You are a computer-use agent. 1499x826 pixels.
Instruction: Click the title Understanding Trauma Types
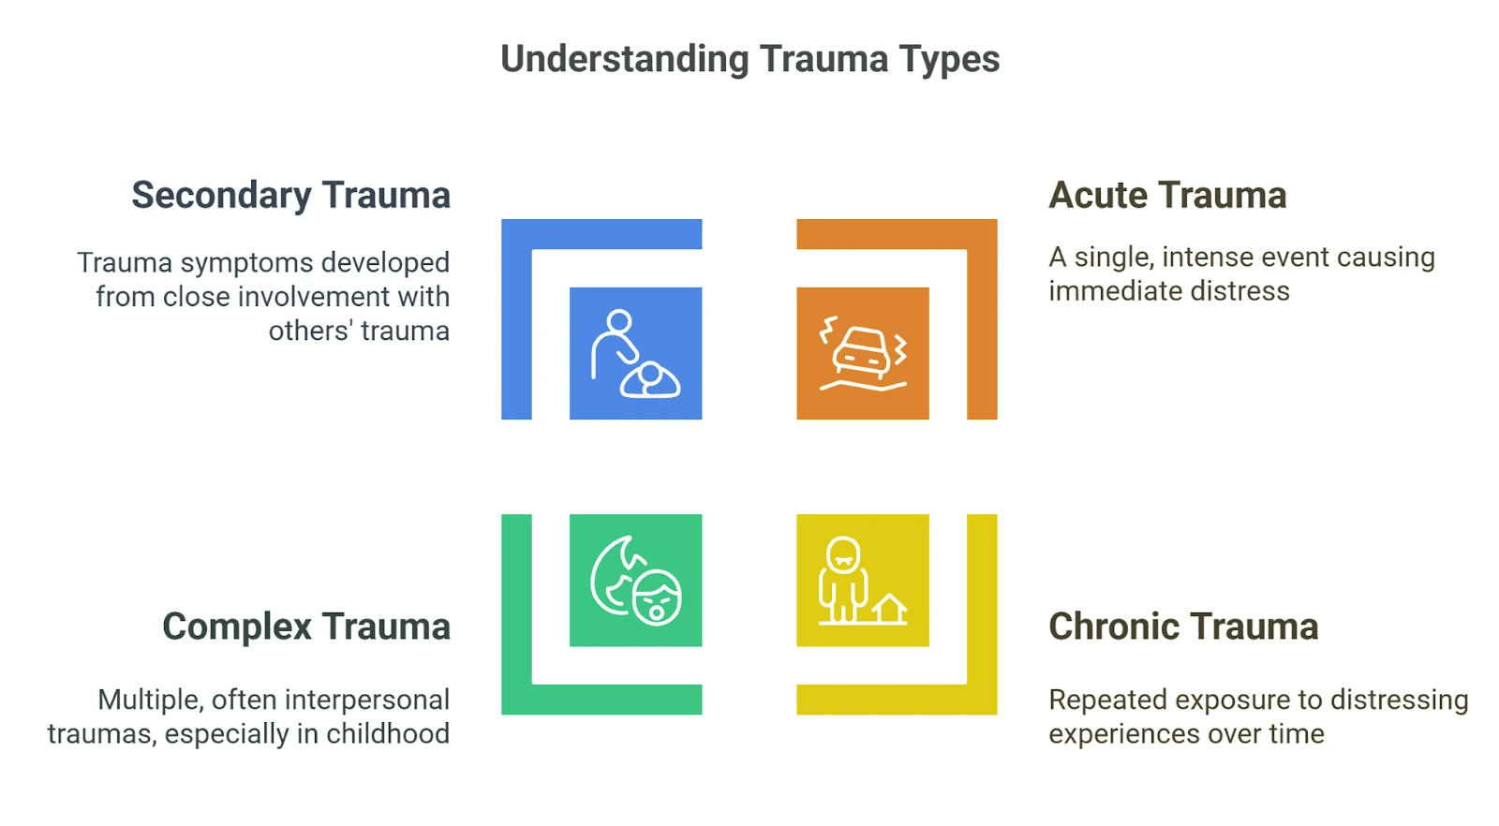749,59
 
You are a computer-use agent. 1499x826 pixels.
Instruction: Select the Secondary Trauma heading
290,196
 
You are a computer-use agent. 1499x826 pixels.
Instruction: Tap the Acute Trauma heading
1166,196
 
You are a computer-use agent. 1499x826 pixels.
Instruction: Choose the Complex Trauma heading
305,627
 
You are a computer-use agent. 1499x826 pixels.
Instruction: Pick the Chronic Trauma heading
1182,627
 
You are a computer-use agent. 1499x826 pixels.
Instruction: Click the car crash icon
863,353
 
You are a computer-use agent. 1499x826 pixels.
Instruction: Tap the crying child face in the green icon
657,597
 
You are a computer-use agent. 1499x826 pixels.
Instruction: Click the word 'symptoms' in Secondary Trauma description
246,263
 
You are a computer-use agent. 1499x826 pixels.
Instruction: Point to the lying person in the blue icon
650,381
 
